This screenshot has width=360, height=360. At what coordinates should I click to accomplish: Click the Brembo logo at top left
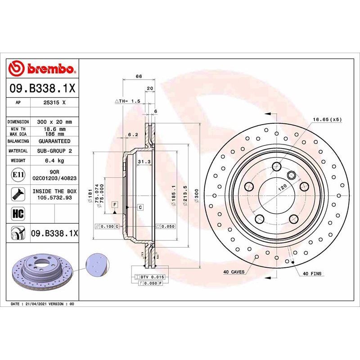pos(43,68)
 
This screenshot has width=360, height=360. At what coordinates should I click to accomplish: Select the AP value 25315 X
pos(55,103)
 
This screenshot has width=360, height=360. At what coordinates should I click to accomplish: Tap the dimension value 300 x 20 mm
pos(55,122)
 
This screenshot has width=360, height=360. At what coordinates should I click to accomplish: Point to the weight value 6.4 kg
pos(55,160)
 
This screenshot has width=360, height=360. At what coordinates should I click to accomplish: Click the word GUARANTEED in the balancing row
pos(55,141)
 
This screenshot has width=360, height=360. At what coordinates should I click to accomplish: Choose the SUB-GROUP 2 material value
pos(55,151)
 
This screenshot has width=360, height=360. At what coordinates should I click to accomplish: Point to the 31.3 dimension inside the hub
pos(144,162)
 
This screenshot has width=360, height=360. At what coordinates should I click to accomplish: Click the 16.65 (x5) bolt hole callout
pos(327,120)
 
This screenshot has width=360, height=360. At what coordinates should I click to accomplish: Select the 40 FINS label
pos(312,274)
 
